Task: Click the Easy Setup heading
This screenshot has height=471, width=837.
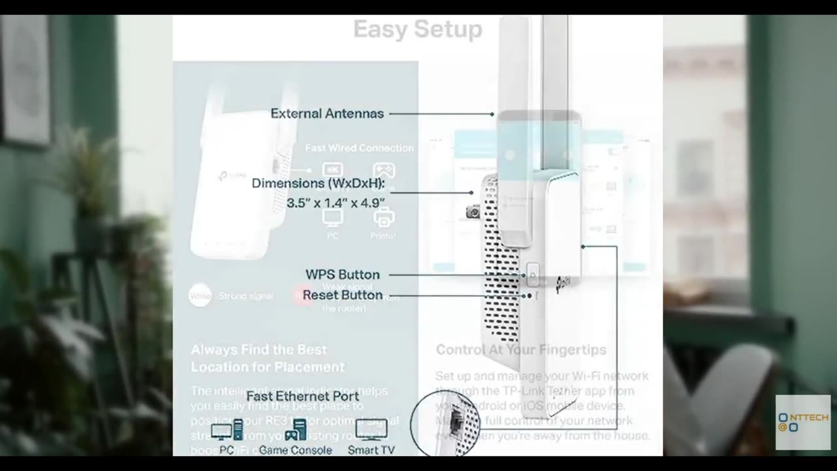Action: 417,29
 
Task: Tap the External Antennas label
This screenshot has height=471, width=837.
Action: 327,113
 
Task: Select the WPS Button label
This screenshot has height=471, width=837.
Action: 342,275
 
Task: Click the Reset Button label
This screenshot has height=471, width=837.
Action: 342,295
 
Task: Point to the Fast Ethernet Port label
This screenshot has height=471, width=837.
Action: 302,396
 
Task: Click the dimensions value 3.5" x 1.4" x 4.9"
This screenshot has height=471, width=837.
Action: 335,203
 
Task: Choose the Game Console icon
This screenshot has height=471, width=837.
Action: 296,430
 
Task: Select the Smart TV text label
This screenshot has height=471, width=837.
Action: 371,450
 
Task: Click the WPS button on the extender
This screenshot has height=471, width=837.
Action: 532,274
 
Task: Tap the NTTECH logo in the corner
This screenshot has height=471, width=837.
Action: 802,422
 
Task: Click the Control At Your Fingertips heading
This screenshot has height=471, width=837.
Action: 521,350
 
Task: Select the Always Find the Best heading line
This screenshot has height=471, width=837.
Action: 258,349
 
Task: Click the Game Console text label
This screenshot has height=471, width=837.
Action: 295,450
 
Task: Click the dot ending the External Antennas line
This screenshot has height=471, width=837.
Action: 492,114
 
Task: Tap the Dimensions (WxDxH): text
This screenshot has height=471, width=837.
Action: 318,184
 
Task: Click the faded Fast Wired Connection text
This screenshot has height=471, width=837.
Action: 359,148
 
